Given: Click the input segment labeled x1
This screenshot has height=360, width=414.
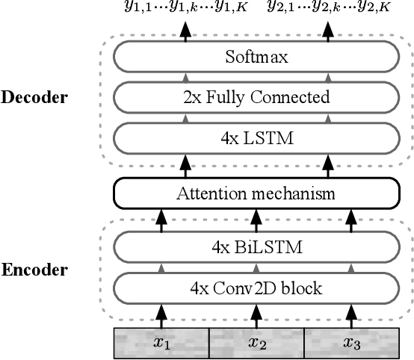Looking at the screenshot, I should [x=161, y=343].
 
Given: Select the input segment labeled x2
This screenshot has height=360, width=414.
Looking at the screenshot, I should [x=256, y=343].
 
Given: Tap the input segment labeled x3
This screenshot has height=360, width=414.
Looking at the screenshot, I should [x=351, y=343].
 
